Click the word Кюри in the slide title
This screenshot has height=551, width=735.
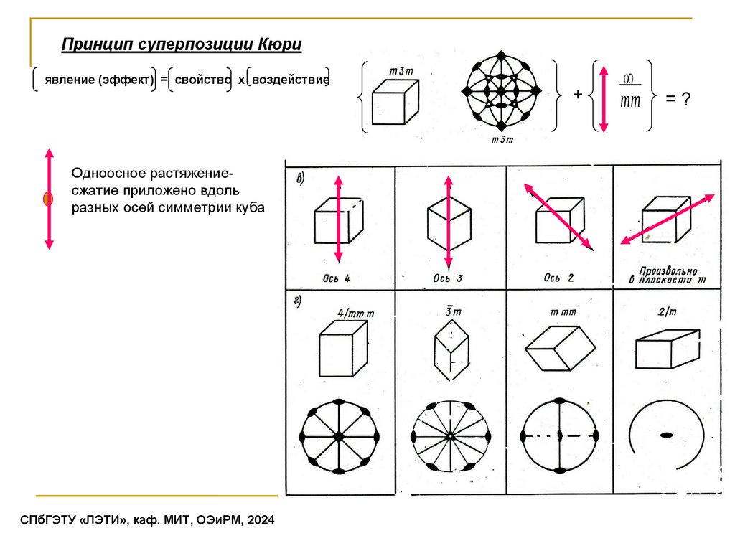pyautogui.click(x=276, y=45)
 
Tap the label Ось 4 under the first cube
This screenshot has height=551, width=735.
pyautogui.click(x=337, y=278)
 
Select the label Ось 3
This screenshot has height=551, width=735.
pyautogui.click(x=446, y=278)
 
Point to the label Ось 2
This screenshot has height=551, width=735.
pyautogui.click(x=558, y=277)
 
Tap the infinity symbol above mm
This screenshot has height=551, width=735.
pyautogui.click(x=629, y=78)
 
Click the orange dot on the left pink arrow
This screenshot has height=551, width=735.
pyautogui.click(x=49, y=199)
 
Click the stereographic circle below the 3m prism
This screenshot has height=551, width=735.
pyautogui.click(x=450, y=435)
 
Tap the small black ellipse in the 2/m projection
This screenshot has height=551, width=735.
pyautogui.click(x=667, y=435)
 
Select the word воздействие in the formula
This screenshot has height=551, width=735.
pyautogui.click(x=287, y=80)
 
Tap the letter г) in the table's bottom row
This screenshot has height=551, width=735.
pyautogui.click(x=297, y=301)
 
